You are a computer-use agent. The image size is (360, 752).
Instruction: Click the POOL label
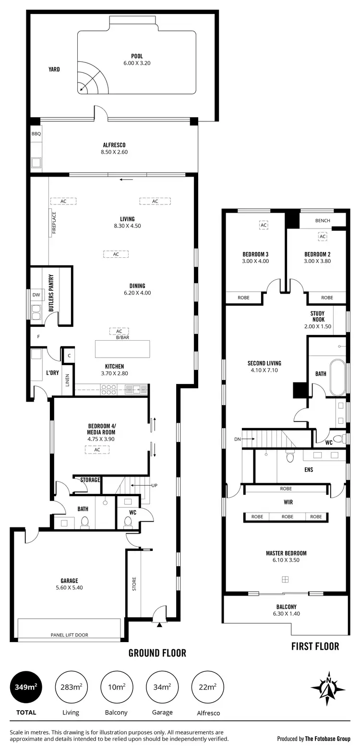tap(137, 56)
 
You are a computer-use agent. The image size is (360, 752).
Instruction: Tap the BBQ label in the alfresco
tap(36, 134)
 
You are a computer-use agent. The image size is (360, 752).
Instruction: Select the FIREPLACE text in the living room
tap(54, 223)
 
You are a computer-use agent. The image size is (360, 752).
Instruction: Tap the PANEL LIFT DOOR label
tap(70, 635)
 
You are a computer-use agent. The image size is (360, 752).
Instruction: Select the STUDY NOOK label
tap(317, 317)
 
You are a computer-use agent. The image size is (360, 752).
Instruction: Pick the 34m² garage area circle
tap(162, 687)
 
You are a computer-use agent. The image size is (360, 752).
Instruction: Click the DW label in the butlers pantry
tap(36, 295)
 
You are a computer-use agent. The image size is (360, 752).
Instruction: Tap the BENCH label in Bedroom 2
tap(323, 221)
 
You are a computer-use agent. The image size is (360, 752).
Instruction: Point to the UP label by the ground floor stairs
tap(155, 485)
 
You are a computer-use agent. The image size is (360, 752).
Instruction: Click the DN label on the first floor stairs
tap(237, 439)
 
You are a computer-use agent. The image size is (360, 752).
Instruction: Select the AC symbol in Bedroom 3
tap(264, 225)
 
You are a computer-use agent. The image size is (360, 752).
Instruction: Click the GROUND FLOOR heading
tap(157, 653)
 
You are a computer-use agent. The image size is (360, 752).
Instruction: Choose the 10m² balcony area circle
tap(116, 687)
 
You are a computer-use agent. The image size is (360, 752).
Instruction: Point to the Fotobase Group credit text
tap(313, 739)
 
